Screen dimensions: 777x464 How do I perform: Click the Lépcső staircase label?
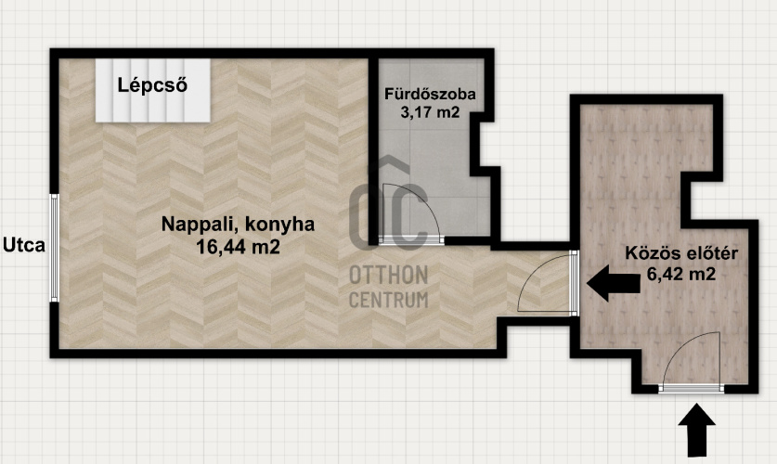[x=152, y=85]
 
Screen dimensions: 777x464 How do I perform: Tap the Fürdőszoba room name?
[x=430, y=94]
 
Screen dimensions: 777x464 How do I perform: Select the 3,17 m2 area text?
[x=430, y=112]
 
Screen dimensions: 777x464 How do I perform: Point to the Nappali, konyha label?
[x=238, y=225]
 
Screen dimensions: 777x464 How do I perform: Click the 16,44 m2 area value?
[x=238, y=246]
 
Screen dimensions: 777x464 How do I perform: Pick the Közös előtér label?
[x=681, y=253]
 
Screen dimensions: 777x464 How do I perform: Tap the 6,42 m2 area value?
[x=681, y=274]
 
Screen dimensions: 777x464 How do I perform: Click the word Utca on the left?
[x=24, y=245]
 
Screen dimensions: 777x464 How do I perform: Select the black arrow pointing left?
[x=614, y=283]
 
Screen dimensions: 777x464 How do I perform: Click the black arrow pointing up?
[x=697, y=430]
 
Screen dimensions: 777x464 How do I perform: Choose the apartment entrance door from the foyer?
[x=547, y=282]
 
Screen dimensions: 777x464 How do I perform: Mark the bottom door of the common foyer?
[x=691, y=363]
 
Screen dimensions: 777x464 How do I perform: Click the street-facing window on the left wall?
[x=54, y=248]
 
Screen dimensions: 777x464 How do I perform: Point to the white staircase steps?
[x=153, y=90]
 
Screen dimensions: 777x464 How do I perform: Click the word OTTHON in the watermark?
[x=388, y=275]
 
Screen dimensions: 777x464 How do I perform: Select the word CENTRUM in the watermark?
[x=388, y=300]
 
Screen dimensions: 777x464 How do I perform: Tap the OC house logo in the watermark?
[x=388, y=203]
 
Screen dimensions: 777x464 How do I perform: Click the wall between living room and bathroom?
[x=373, y=151]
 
